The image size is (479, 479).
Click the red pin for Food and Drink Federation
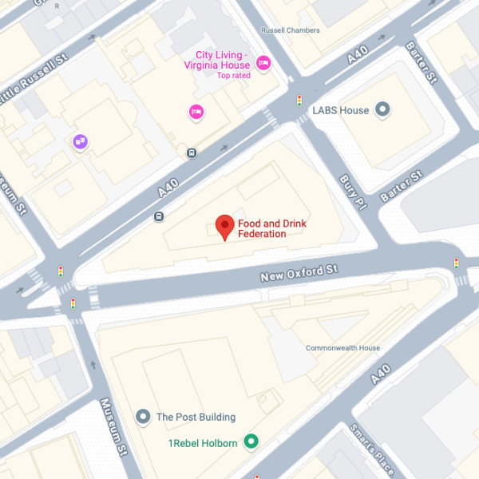[225, 226]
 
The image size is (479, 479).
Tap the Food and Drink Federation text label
[272, 228]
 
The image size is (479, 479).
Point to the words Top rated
[233, 76]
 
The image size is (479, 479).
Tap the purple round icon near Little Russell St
[80, 142]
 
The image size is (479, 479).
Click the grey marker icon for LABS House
[382, 109]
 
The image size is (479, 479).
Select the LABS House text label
[341, 110]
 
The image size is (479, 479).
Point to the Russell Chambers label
[291, 30]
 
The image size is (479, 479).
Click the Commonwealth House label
[342, 348]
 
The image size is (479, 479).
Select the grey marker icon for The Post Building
[143, 416]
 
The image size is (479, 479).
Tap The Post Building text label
[196, 417]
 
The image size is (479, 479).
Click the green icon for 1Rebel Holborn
[251, 441]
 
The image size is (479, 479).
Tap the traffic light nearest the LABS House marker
[299, 101]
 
